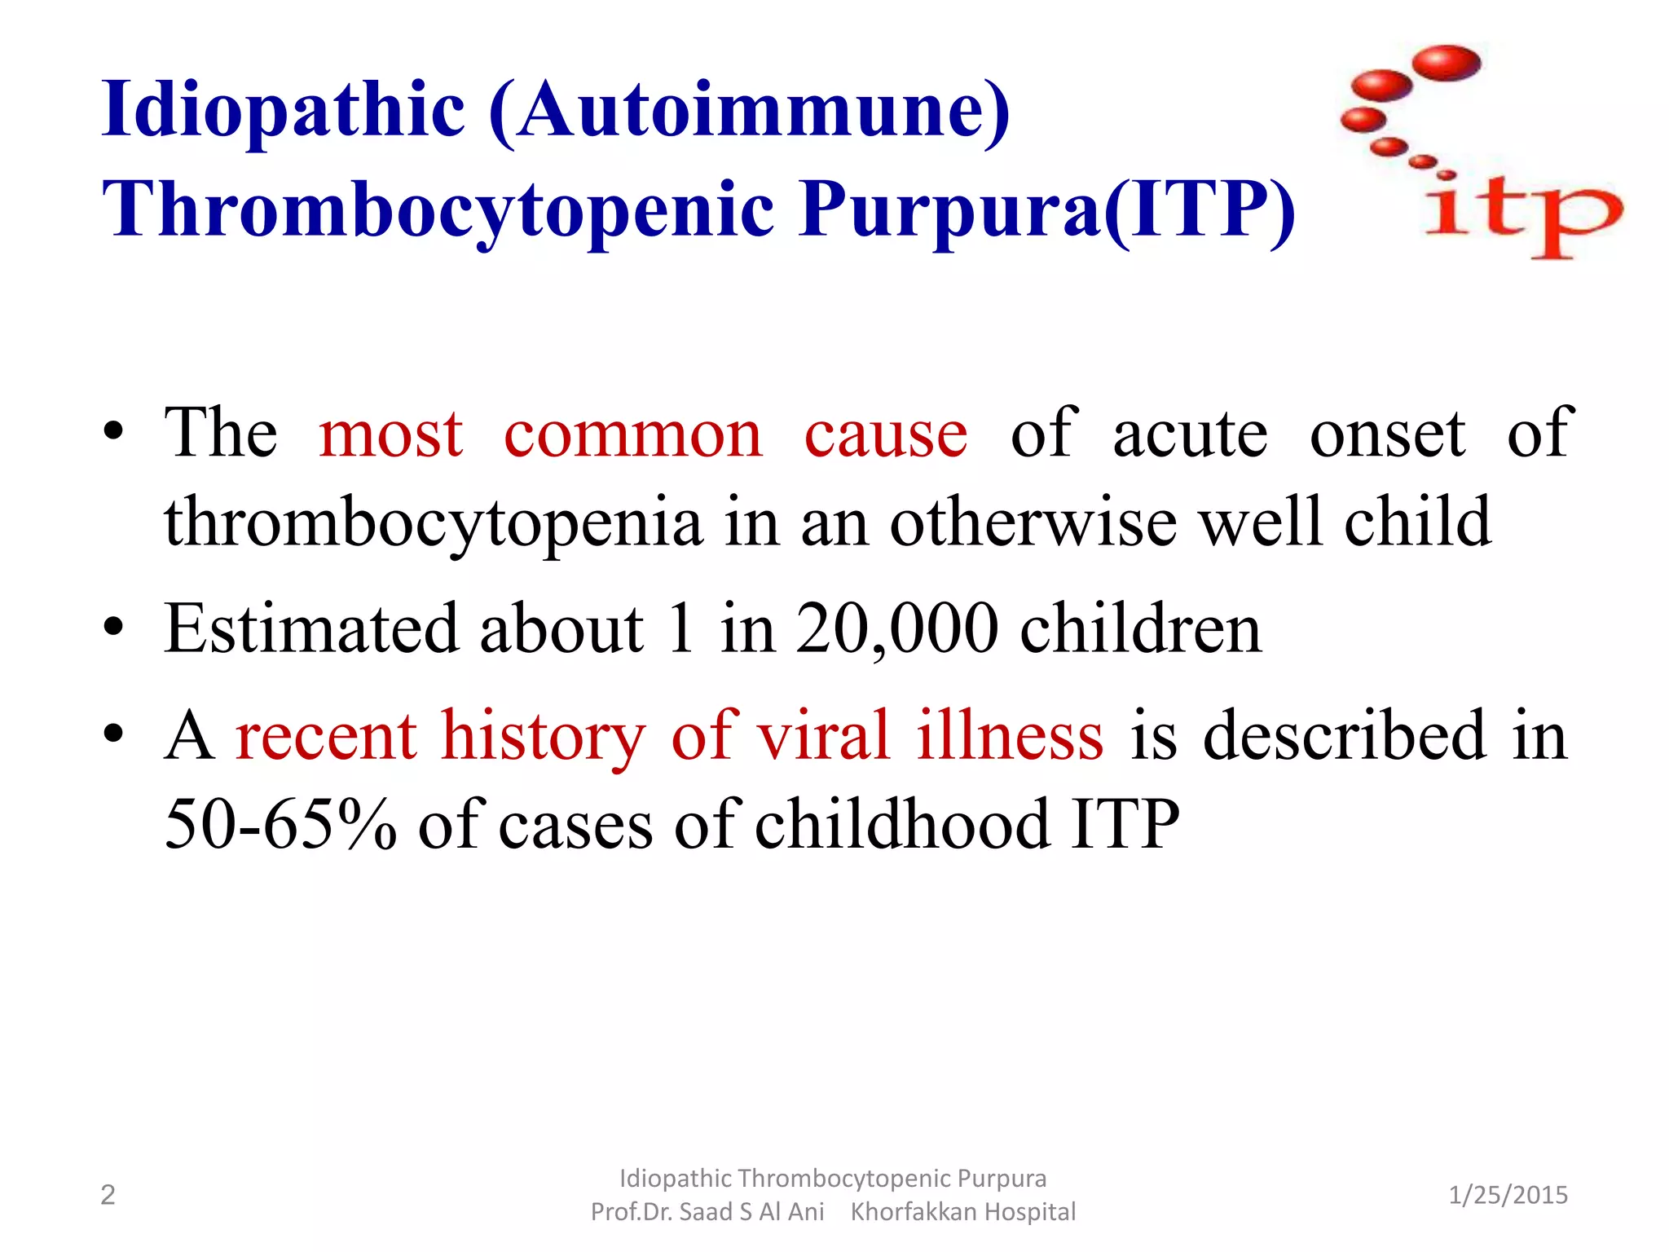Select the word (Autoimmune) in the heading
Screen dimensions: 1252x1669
coord(750,110)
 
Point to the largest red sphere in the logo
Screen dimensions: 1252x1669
coord(1447,64)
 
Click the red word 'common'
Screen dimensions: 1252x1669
coord(633,434)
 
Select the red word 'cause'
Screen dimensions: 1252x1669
coord(886,434)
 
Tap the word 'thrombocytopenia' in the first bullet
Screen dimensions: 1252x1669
coord(433,522)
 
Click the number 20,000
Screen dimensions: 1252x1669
coord(896,628)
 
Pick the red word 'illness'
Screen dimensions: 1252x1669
coord(1010,735)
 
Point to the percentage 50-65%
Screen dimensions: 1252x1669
coord(280,824)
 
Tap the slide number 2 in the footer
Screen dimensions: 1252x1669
coord(108,1195)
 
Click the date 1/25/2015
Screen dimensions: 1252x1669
coord(1508,1195)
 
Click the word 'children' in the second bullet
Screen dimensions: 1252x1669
coord(1141,628)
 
